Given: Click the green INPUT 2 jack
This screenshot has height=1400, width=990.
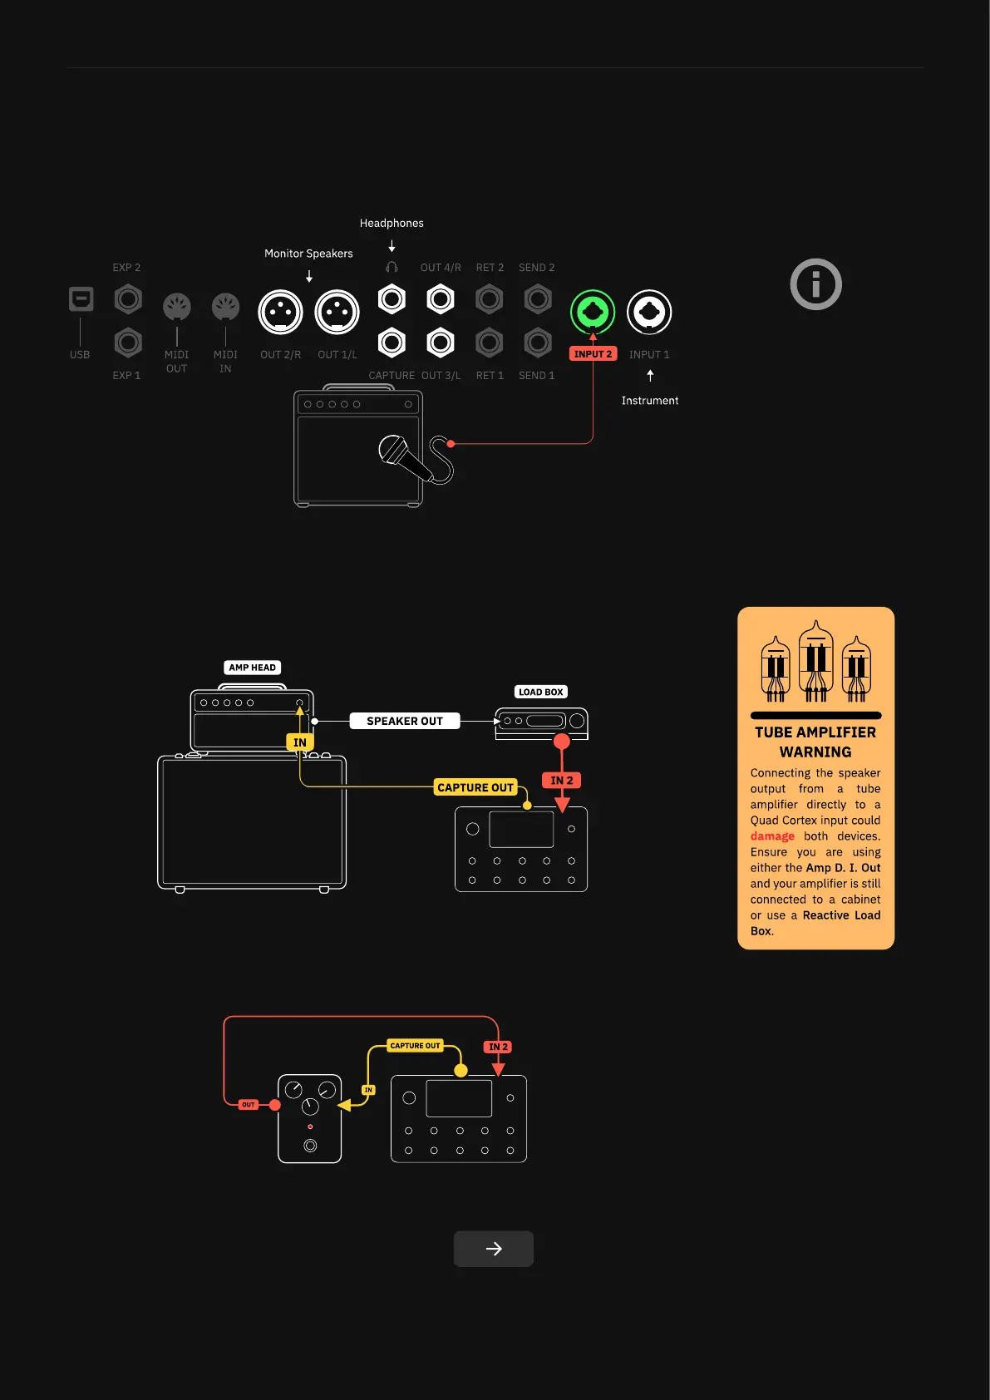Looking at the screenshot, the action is pos(593,312).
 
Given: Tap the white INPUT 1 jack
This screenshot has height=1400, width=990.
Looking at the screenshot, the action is pos(649,312).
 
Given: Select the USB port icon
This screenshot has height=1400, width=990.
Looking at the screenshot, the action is pos(81,298).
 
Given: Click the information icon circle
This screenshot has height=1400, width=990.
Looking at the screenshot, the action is pos(815,284).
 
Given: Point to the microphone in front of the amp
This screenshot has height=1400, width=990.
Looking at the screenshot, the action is pos(404,457).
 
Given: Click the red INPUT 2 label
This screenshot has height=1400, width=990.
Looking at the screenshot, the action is pos(593,354).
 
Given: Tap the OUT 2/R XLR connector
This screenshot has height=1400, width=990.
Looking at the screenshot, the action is pos(281,312).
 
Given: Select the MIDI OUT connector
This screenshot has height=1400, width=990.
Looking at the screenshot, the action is pos(177,307).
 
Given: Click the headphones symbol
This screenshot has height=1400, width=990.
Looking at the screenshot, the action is pos(392,268).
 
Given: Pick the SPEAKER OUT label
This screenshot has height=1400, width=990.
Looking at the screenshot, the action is pos(405,721).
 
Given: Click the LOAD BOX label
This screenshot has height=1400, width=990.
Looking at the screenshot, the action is pos(541,692).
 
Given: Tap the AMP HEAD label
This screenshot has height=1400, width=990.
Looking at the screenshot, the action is pos(253,668).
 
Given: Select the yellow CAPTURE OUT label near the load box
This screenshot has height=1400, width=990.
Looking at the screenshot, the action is pos(475,787).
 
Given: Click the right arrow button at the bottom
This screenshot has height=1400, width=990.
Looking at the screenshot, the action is pos(494,1249).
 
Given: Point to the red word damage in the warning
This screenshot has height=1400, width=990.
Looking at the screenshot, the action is pos(772,836).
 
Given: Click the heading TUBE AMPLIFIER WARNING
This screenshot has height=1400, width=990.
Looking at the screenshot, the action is pos(815,742).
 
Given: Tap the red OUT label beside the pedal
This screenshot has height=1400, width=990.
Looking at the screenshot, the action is pos(248,1105).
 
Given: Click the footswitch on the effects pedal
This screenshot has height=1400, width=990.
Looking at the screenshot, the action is pos(310,1146).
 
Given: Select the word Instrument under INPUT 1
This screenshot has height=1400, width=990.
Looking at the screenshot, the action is pos(650,401).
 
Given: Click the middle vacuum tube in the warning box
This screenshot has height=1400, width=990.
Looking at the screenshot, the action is pos(815,661).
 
